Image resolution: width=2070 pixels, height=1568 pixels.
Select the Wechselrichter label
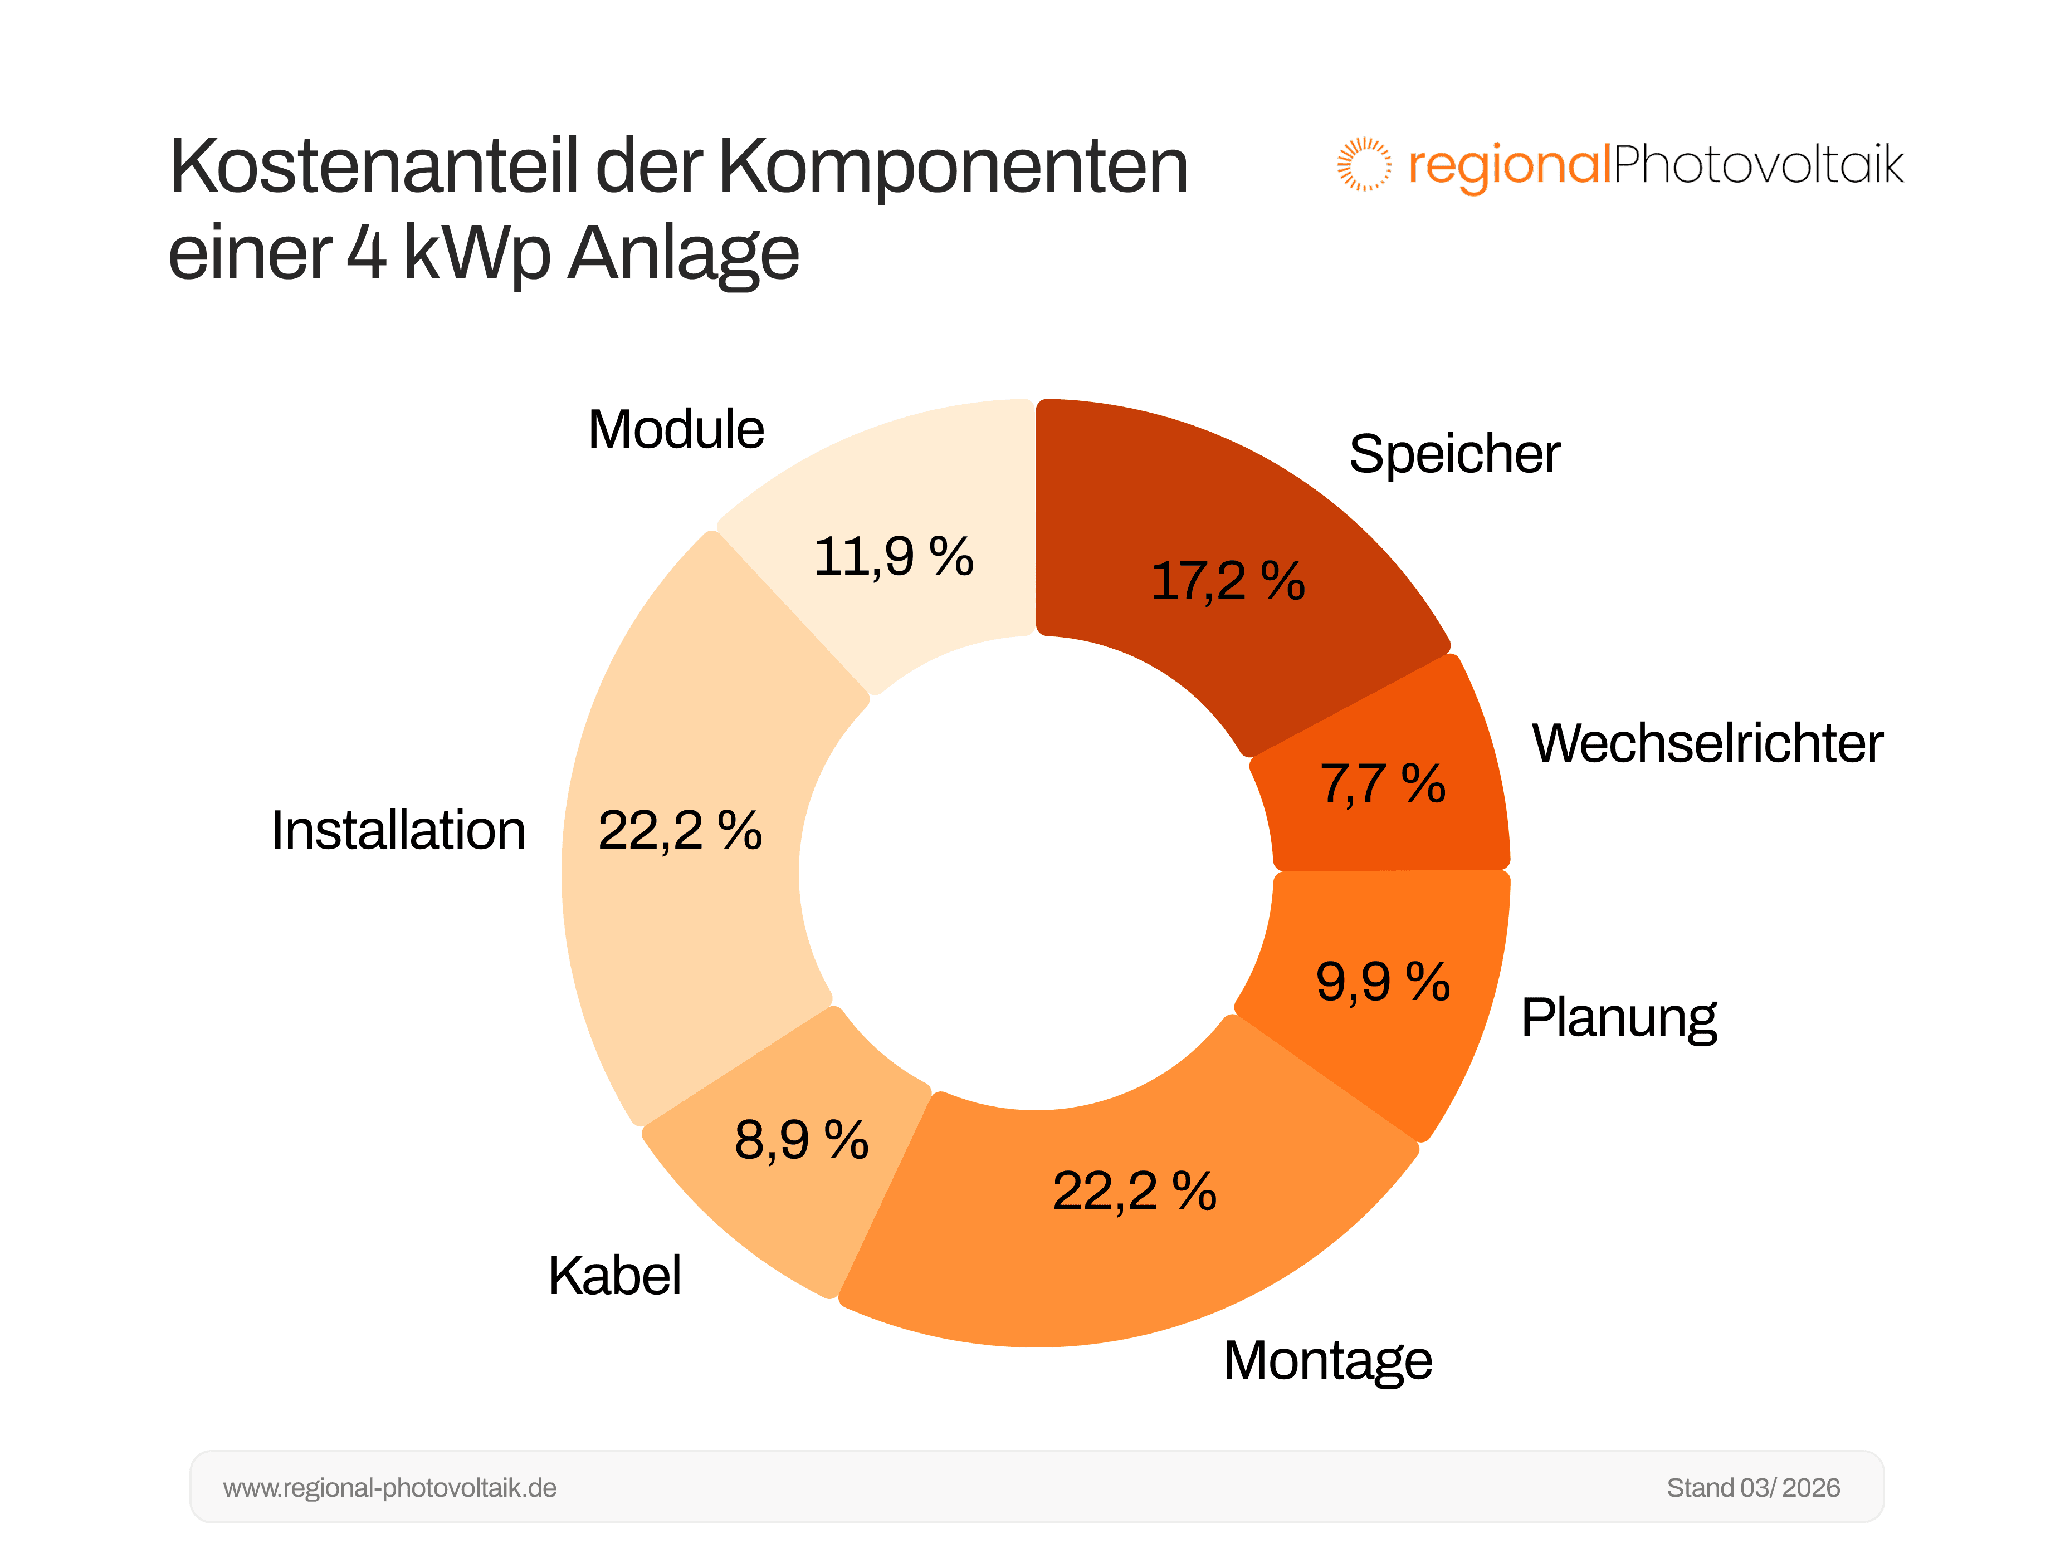tap(1706, 744)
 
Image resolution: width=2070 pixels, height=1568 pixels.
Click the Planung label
tap(1619, 1018)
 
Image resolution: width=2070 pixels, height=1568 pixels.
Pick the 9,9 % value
tap(1382, 982)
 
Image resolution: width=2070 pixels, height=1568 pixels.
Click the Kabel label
tap(615, 1276)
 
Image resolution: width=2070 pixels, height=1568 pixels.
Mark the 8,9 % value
tap(801, 1140)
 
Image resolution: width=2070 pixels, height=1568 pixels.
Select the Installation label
tap(399, 831)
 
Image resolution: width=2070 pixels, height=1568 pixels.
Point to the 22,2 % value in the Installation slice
tap(680, 831)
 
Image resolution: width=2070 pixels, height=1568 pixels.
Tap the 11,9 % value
tap(894, 557)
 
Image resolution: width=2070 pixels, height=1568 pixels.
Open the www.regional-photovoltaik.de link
tap(389, 1488)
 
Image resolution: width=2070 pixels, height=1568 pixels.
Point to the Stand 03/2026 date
tap(1753, 1488)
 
